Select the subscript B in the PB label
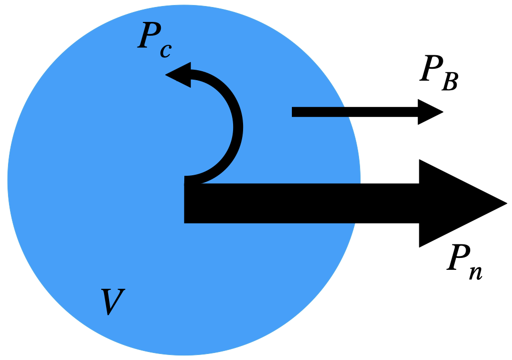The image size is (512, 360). (x=450, y=82)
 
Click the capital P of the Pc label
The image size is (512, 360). (x=149, y=36)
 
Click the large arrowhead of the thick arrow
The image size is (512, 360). (x=448, y=203)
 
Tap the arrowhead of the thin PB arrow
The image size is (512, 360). (x=428, y=112)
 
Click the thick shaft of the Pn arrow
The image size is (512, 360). (x=299, y=203)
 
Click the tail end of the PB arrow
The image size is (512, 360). (x=294, y=112)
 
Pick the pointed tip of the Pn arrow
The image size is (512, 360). (x=505, y=203)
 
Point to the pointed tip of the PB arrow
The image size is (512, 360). (x=442, y=112)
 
